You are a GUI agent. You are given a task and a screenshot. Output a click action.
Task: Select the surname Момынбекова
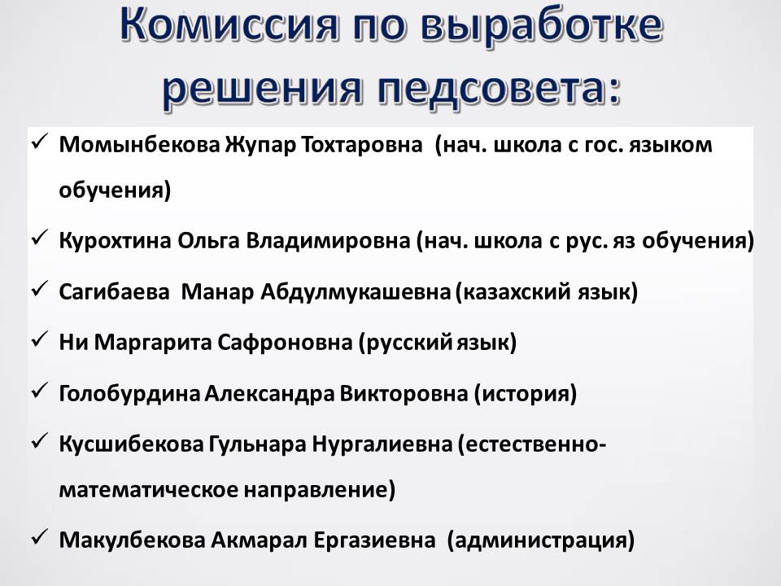click(x=139, y=145)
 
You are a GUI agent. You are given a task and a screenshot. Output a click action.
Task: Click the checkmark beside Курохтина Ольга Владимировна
click(x=39, y=238)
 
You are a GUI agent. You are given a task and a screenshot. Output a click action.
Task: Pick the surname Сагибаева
click(x=115, y=291)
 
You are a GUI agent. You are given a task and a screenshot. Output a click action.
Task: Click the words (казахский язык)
click(x=547, y=291)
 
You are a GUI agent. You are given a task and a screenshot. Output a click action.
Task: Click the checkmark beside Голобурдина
click(x=39, y=391)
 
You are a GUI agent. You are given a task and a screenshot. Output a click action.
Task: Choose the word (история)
click(x=525, y=394)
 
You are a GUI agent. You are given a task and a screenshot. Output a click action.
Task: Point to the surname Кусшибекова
click(x=132, y=444)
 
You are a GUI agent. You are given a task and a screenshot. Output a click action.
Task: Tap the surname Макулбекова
click(x=132, y=540)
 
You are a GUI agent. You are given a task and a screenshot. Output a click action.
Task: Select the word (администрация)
click(x=541, y=540)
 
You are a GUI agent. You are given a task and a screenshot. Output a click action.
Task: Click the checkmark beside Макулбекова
click(x=39, y=538)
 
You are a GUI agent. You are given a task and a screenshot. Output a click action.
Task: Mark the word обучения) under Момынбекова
click(x=115, y=190)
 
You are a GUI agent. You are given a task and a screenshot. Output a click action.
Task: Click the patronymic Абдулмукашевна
click(x=356, y=291)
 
